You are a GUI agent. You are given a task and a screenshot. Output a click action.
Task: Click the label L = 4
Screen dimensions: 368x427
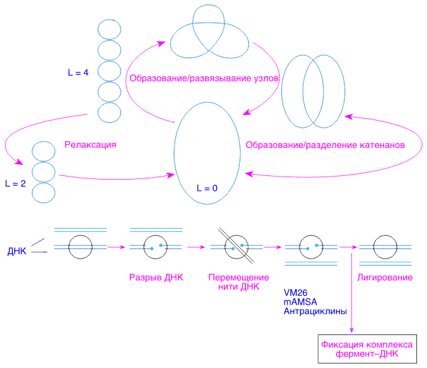tap(78, 73)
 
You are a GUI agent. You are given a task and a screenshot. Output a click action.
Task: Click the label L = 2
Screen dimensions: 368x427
tap(15, 183)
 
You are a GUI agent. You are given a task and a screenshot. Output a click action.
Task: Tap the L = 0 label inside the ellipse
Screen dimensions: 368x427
tap(207, 186)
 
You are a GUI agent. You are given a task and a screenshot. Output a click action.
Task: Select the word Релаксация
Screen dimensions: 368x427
tap(91, 144)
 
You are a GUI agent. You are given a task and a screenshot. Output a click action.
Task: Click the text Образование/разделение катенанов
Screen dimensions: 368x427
tap(325, 144)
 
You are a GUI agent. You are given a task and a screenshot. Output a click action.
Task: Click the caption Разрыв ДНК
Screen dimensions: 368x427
tap(155, 277)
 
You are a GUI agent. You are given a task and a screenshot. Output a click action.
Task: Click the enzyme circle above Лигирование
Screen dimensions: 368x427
tap(385, 247)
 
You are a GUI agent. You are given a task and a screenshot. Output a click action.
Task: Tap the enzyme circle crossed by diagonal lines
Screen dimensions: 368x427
tap(233, 247)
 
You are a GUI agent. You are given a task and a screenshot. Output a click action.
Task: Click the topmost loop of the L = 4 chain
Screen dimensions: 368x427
tap(109, 29)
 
